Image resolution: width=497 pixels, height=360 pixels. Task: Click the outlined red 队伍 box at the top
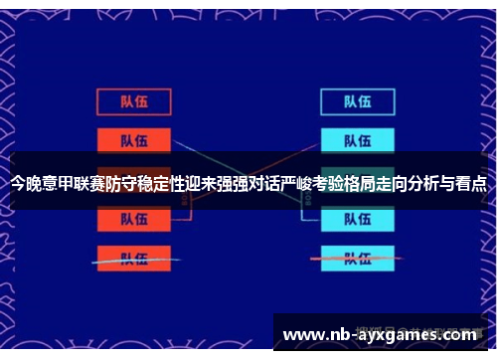(134, 101)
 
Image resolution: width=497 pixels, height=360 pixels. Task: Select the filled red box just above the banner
(134, 139)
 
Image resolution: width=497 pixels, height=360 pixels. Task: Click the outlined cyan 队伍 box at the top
(358, 101)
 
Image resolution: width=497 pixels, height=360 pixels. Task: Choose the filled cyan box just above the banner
(358, 139)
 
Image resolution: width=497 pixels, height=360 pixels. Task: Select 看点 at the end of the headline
(470, 183)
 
